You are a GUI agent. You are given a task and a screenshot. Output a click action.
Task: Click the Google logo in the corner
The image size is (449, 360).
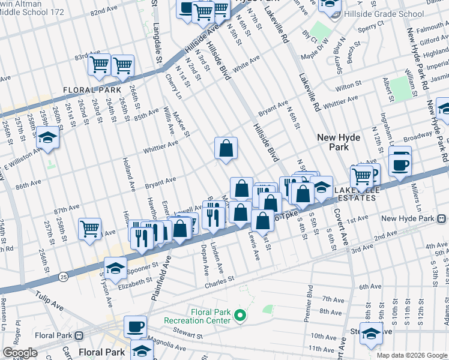[20, 353]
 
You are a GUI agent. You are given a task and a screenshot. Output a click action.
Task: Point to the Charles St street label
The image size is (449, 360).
[218, 280]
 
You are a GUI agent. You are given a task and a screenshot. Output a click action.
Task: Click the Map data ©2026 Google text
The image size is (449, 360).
[412, 355]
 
